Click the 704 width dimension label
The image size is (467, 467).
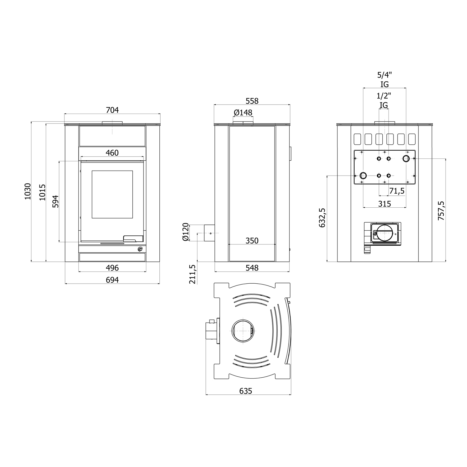[x=112, y=110]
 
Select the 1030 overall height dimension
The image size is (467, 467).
[x=28, y=191]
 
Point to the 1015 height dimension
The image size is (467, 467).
[x=42, y=192]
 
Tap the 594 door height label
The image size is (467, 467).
[x=55, y=201]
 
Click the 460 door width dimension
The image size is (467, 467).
[x=112, y=153]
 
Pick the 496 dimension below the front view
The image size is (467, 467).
[x=112, y=268]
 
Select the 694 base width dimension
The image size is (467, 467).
[x=112, y=280]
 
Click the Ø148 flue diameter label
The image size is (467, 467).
[x=243, y=112]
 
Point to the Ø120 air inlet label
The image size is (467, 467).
[x=186, y=232]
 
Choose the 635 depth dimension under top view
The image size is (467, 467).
[x=246, y=391]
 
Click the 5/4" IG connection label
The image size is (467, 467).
[x=384, y=79]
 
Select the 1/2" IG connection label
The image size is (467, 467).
[x=384, y=100]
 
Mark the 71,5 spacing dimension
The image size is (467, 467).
[x=397, y=191]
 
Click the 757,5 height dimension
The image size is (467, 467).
[x=441, y=211]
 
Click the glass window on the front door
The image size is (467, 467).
[x=112, y=194]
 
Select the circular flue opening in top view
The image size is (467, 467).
[x=243, y=331]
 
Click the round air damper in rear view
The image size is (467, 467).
[x=385, y=233]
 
